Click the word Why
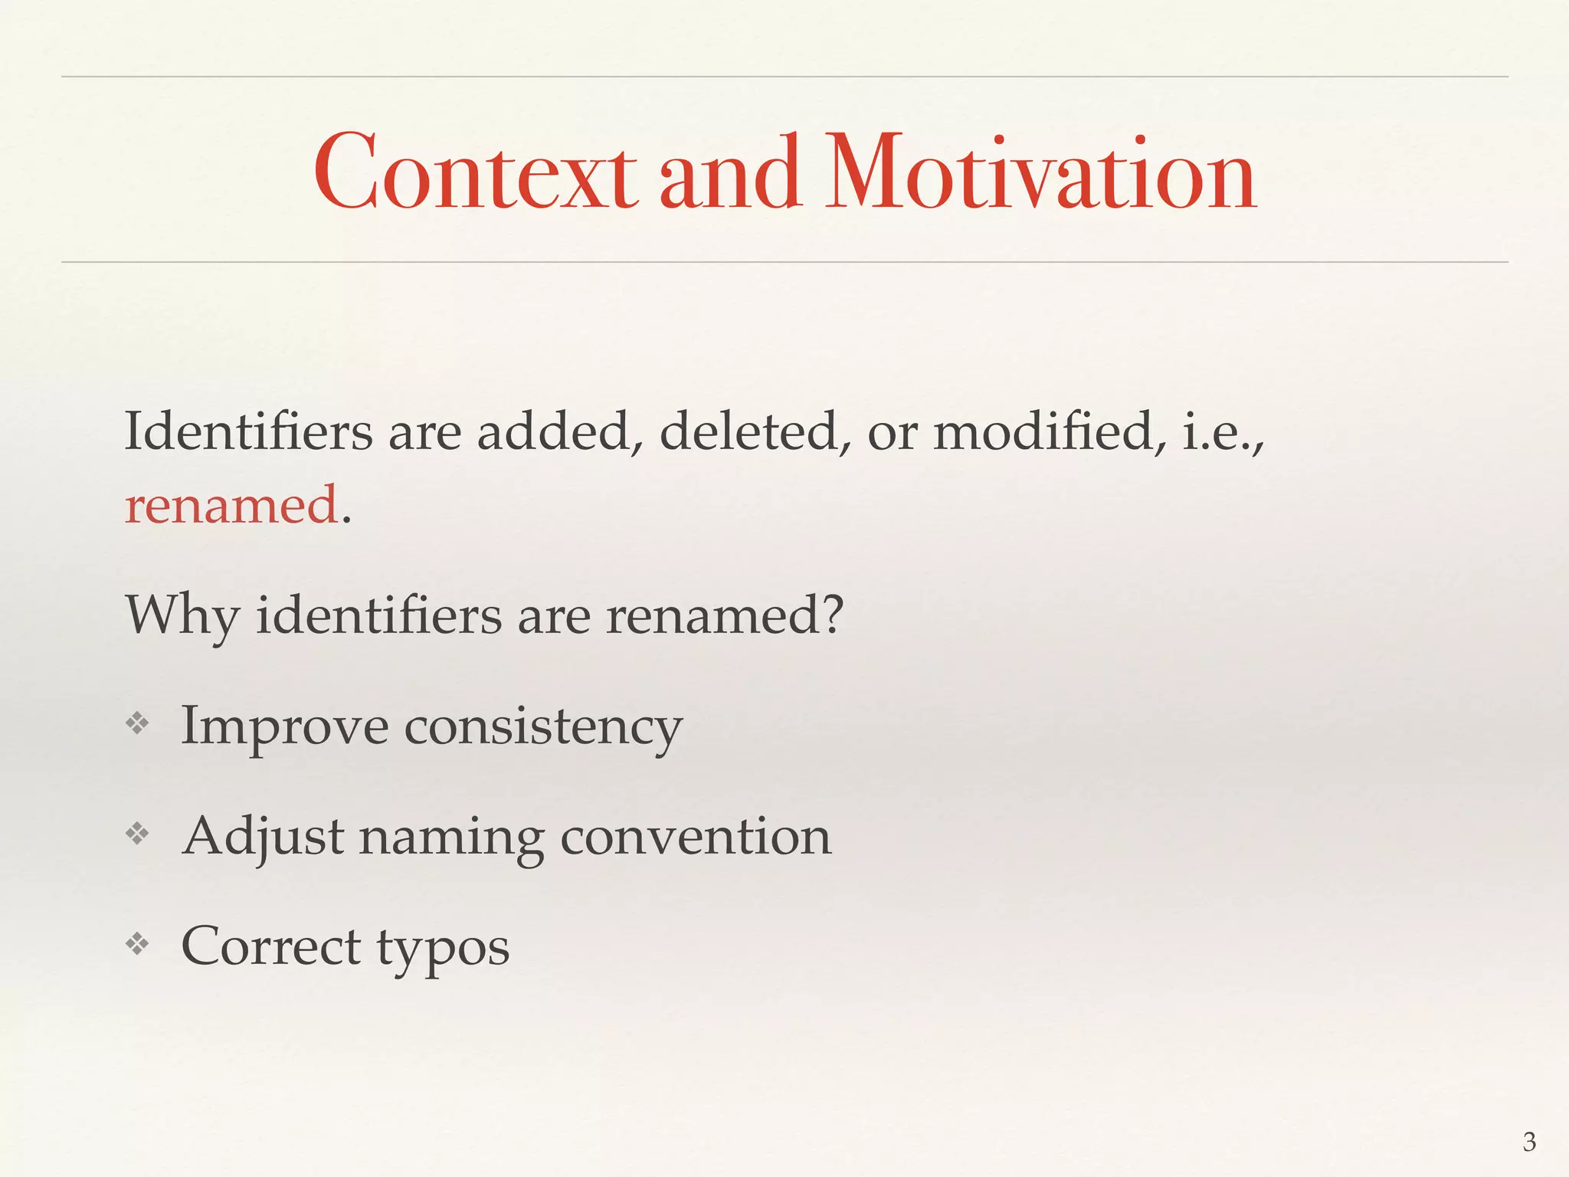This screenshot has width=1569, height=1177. click(182, 615)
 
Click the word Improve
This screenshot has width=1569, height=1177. click(284, 726)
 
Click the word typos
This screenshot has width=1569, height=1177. click(443, 949)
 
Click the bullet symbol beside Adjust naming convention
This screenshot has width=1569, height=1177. click(137, 834)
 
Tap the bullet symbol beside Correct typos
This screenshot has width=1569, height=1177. click(137, 945)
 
